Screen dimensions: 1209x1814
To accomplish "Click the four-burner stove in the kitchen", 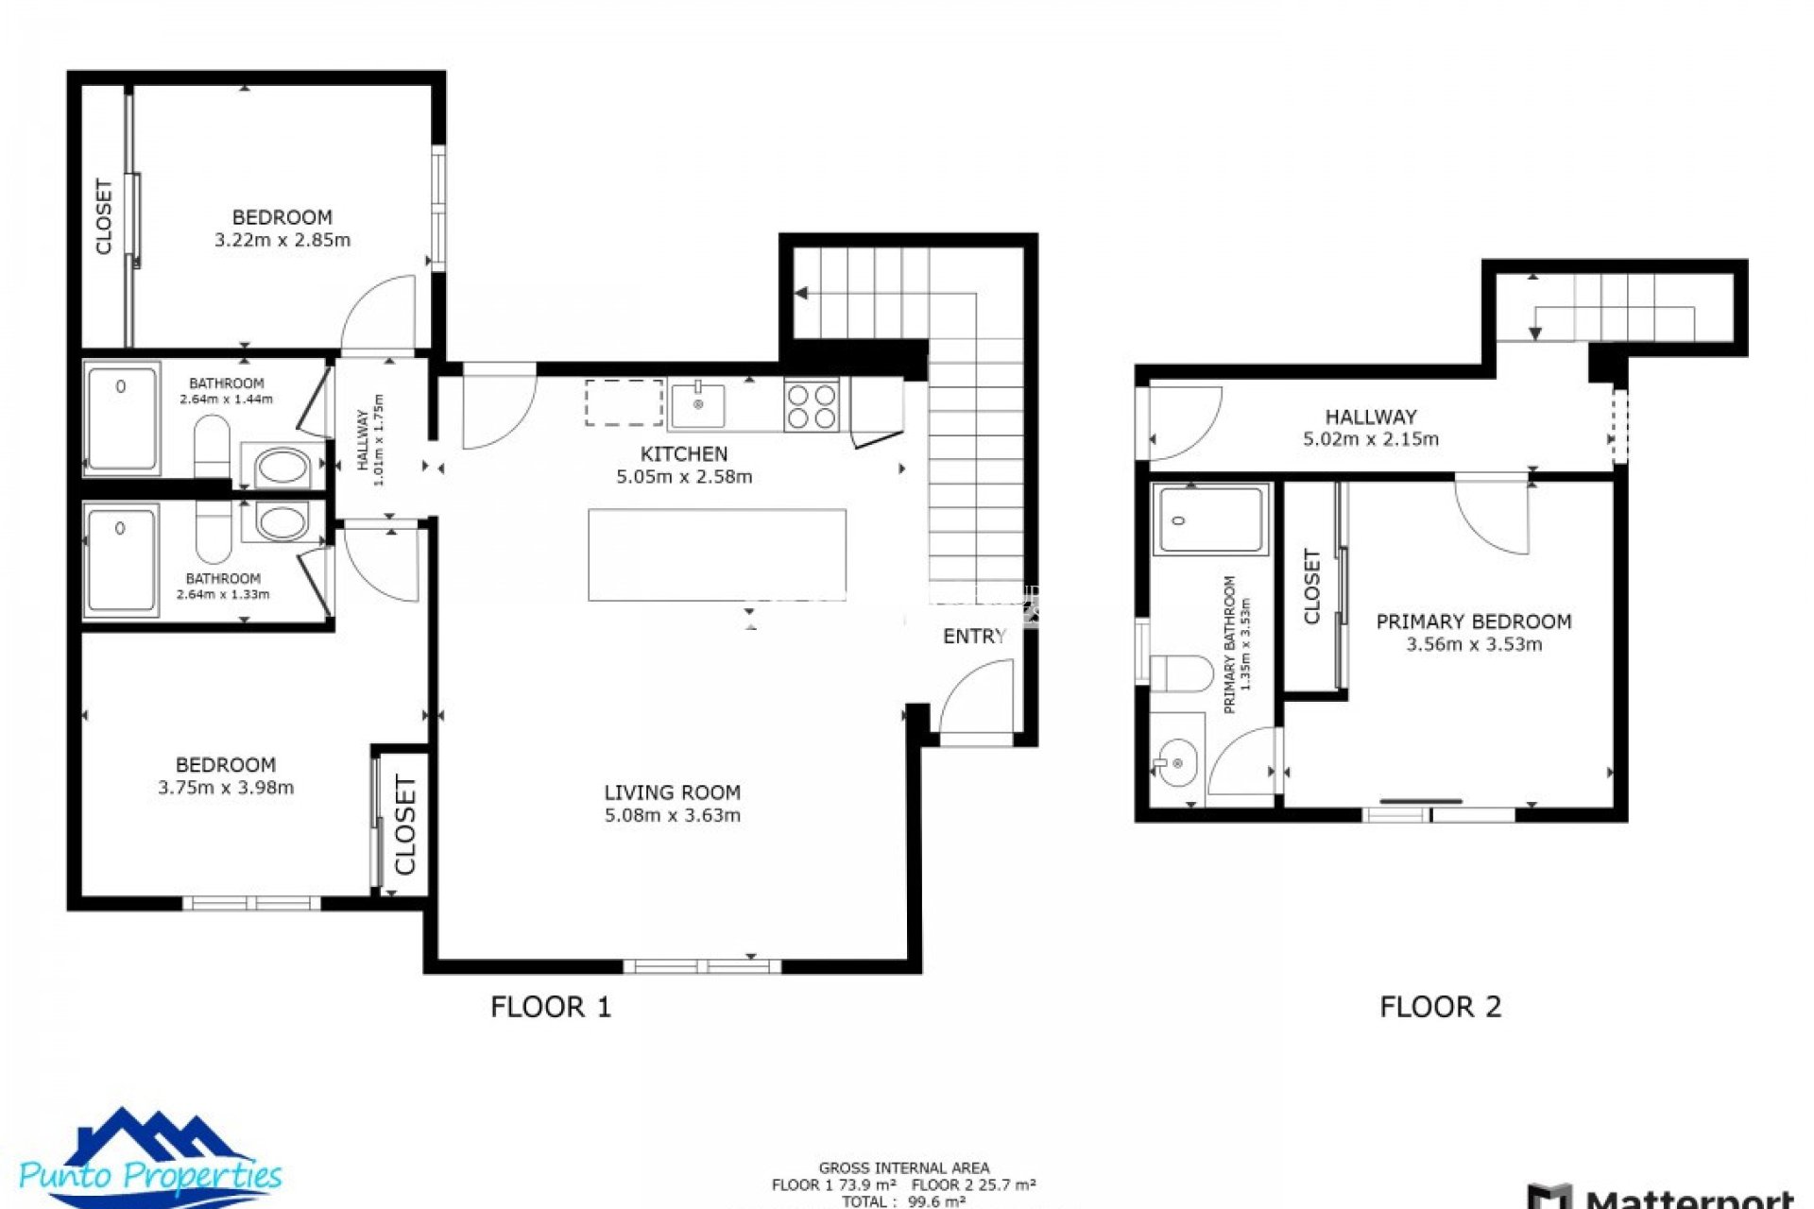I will coord(811,405).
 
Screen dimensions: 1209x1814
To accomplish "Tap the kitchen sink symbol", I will coord(697,404).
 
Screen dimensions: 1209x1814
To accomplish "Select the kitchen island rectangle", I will coord(716,554).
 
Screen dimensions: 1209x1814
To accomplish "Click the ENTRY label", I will coord(974,637).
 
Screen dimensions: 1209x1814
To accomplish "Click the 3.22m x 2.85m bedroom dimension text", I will coord(282,240).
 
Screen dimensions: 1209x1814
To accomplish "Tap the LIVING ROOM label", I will coord(672,792).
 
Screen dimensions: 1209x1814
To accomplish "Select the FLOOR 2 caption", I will coord(1440,1007).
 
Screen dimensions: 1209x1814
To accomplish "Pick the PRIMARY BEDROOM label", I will coord(1473,622).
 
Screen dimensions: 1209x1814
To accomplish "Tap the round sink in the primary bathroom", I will coord(1176,762).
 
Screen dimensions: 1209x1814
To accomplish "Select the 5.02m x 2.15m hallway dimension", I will coord(1370,439).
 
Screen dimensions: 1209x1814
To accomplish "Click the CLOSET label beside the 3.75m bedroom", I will coord(404,825).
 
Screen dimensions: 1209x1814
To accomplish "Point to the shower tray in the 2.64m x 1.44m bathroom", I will coord(122,418).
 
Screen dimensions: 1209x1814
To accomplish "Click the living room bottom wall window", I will coord(701,965).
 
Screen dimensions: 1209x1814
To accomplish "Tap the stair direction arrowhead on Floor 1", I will coord(801,293).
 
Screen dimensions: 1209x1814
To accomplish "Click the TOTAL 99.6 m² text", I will coord(903,1201).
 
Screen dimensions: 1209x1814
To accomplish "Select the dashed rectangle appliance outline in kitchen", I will coord(624,403).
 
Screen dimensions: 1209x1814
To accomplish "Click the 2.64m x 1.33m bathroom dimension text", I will coord(223,594).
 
